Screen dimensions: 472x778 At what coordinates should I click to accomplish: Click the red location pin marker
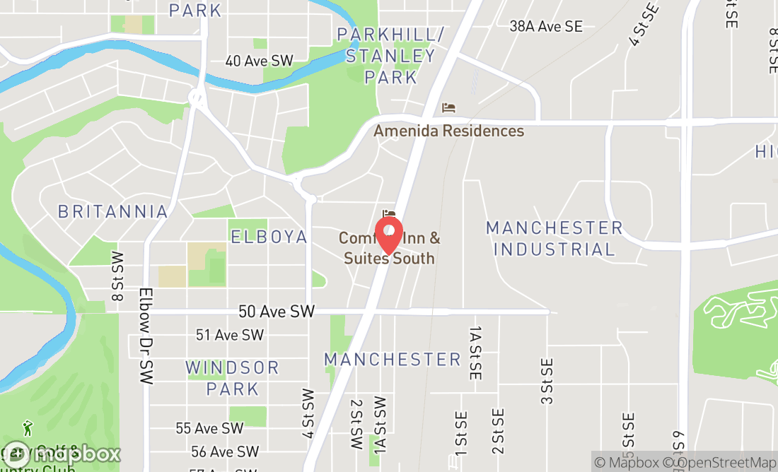point(388,235)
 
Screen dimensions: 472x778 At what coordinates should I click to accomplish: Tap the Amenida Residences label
point(448,131)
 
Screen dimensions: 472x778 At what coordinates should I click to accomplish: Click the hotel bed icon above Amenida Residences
point(448,108)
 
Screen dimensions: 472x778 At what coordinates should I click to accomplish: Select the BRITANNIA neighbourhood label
point(113,211)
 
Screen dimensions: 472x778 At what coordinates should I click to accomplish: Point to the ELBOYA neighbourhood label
point(269,236)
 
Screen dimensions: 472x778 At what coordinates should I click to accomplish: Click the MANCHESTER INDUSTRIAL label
point(554,238)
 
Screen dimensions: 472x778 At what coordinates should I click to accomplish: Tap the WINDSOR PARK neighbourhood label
point(233,378)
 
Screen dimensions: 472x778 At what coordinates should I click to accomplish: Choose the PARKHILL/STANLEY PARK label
point(390,55)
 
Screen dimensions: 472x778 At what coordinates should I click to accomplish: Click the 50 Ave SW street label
point(276,311)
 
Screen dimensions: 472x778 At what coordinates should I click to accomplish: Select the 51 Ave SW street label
point(229,335)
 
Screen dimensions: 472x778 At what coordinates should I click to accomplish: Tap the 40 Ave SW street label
point(258,61)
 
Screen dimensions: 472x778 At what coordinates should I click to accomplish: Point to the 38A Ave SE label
point(546,26)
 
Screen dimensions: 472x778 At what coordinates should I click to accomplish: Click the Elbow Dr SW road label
point(146,336)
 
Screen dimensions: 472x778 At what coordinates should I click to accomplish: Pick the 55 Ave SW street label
point(209,428)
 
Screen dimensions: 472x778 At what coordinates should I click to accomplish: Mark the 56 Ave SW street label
point(224,452)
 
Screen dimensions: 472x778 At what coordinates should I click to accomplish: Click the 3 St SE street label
point(547,381)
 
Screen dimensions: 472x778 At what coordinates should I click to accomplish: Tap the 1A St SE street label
point(475,353)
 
